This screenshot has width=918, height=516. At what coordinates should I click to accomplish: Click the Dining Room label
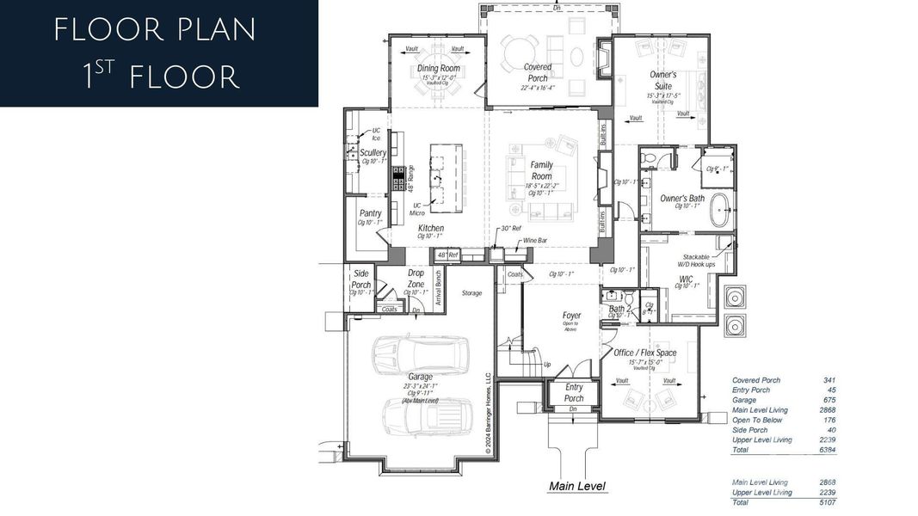[x=439, y=69]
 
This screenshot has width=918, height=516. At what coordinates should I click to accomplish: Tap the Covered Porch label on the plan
[x=538, y=72]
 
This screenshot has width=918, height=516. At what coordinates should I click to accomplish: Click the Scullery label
[x=373, y=153]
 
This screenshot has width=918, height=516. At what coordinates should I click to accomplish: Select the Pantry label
[x=370, y=213]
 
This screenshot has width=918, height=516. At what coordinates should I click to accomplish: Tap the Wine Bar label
[x=535, y=241]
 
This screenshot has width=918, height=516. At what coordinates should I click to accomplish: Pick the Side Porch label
[x=361, y=279]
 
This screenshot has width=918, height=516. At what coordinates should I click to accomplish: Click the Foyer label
[x=571, y=316]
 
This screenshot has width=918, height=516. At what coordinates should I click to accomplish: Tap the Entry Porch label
[x=574, y=393]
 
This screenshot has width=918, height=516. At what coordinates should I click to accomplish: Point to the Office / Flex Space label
[x=644, y=353]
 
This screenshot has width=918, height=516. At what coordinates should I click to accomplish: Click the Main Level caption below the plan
[x=577, y=487]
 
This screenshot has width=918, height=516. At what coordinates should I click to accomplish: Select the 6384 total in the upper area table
[x=828, y=450]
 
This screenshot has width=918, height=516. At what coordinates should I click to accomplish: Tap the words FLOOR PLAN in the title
[x=155, y=30]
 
